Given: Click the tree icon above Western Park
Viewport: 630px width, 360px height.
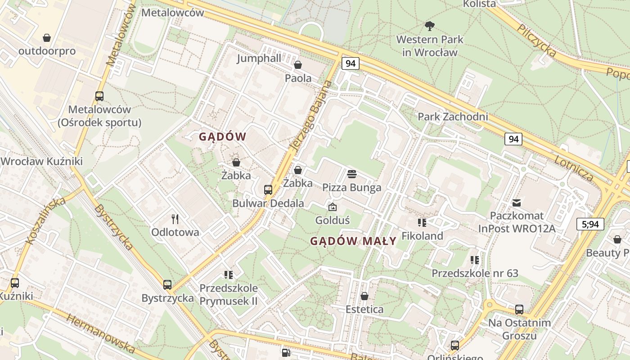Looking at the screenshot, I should tap(430, 26).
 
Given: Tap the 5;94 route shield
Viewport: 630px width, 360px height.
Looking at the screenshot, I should tap(590, 224).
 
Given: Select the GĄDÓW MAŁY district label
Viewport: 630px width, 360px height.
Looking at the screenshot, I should tap(353, 241).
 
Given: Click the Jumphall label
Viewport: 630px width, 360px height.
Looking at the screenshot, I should tap(259, 58).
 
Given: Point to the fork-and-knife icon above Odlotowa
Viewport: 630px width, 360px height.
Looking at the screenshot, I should tap(175, 219).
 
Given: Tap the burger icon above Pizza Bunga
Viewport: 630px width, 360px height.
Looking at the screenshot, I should tap(352, 174).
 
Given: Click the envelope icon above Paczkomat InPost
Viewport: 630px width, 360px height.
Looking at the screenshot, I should tap(517, 203).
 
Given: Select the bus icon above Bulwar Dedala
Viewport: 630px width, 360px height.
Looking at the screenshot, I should tap(268, 190).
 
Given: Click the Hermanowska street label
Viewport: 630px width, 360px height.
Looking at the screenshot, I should tap(101, 333).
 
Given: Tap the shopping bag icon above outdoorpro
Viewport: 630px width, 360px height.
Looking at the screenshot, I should tap(47, 38).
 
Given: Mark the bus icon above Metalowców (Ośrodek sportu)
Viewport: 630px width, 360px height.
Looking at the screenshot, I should tap(99, 96).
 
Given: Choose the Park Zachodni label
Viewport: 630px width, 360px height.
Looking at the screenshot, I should tap(453, 117).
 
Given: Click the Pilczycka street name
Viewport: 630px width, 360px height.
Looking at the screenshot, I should tap(536, 40).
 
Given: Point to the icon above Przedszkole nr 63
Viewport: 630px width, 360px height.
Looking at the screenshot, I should tap(475, 260).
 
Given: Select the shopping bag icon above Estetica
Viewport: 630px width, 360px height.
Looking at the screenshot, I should tap(364, 296).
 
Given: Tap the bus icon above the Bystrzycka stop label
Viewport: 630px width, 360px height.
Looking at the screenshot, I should tap(167, 284).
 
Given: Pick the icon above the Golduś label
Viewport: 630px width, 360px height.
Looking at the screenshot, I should tap(333, 207).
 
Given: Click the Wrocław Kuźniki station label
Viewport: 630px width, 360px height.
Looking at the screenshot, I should tap(42, 161).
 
